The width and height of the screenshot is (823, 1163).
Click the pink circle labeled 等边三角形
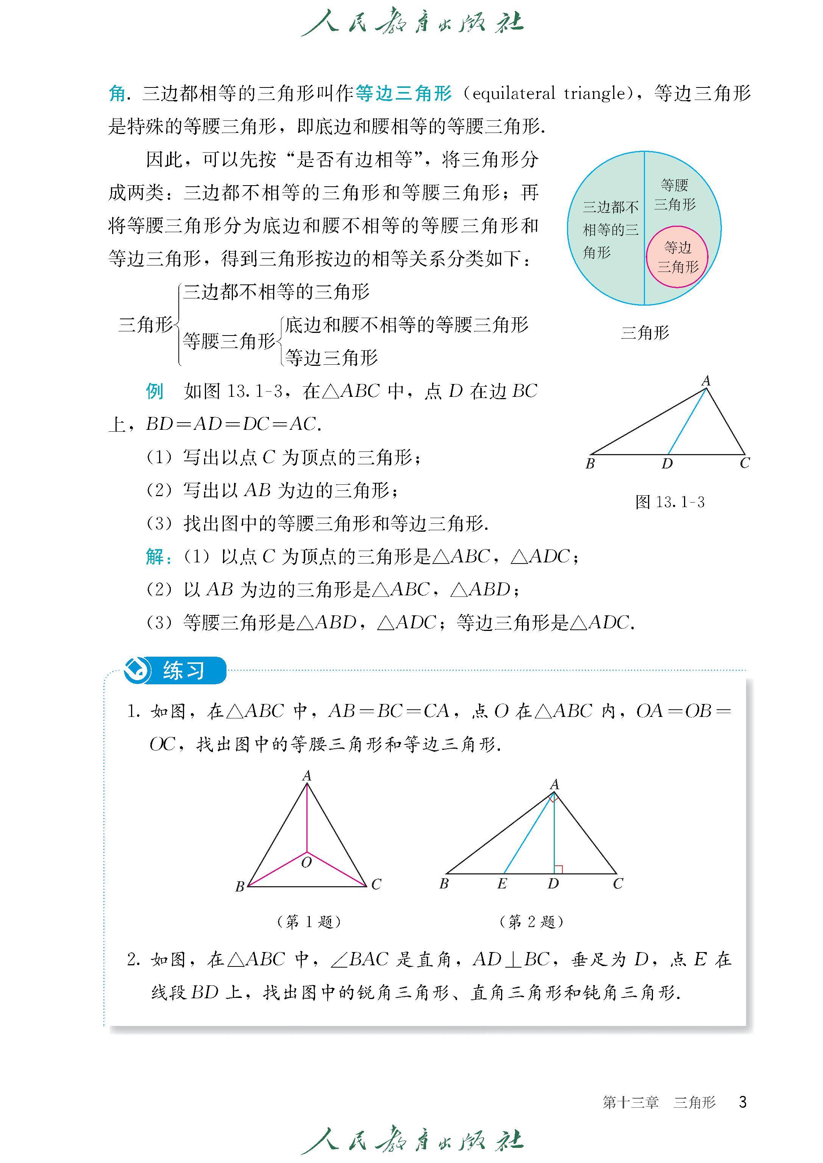coord(677,257)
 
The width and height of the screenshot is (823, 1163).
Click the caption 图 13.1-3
coord(670,502)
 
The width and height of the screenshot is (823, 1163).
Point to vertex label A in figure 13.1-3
coord(706,381)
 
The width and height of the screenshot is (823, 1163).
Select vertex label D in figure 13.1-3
coord(667,464)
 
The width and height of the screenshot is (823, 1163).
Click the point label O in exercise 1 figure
coord(306,862)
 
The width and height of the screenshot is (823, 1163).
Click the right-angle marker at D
coord(559,869)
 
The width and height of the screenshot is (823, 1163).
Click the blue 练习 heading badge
coord(175,670)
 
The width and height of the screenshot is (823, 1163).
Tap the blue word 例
coord(155,391)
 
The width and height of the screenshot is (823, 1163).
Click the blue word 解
coord(155,556)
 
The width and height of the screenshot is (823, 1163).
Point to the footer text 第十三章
coord(631,1102)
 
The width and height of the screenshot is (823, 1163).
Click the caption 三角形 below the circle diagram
coord(645,333)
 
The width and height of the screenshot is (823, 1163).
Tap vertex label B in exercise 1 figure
coord(240,886)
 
